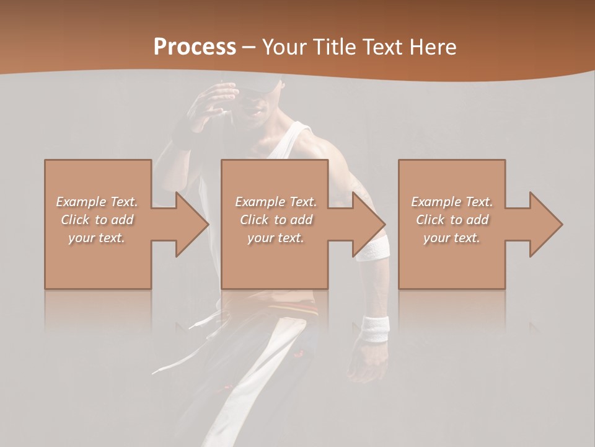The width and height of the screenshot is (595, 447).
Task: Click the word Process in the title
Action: click(x=195, y=47)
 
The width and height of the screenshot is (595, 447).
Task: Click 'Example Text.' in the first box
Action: click(x=97, y=202)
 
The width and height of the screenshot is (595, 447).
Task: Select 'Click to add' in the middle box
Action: click(x=276, y=220)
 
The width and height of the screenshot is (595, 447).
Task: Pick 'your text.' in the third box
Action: click(x=452, y=238)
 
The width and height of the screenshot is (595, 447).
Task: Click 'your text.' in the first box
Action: click(x=97, y=238)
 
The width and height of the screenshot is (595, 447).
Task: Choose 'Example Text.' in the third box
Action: click(x=452, y=202)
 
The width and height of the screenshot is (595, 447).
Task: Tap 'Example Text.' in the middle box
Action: click(x=276, y=202)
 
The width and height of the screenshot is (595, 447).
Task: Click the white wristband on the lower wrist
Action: click(x=376, y=328)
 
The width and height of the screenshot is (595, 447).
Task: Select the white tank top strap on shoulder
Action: click(x=297, y=133)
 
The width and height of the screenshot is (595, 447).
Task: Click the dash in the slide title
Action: click(x=249, y=48)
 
